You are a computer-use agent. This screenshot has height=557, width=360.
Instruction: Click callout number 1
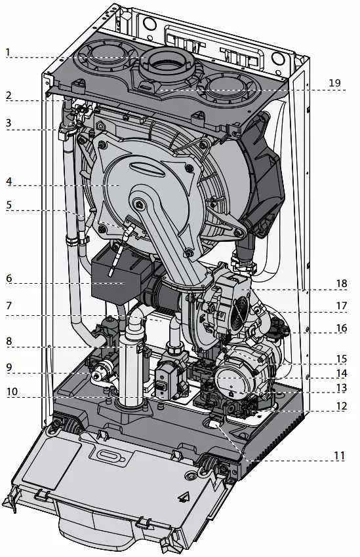pyautogui.click(x=8, y=52)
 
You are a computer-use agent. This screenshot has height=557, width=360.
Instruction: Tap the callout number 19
pyautogui.click(x=335, y=83)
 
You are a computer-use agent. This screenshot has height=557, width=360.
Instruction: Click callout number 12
pyautogui.click(x=341, y=406)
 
